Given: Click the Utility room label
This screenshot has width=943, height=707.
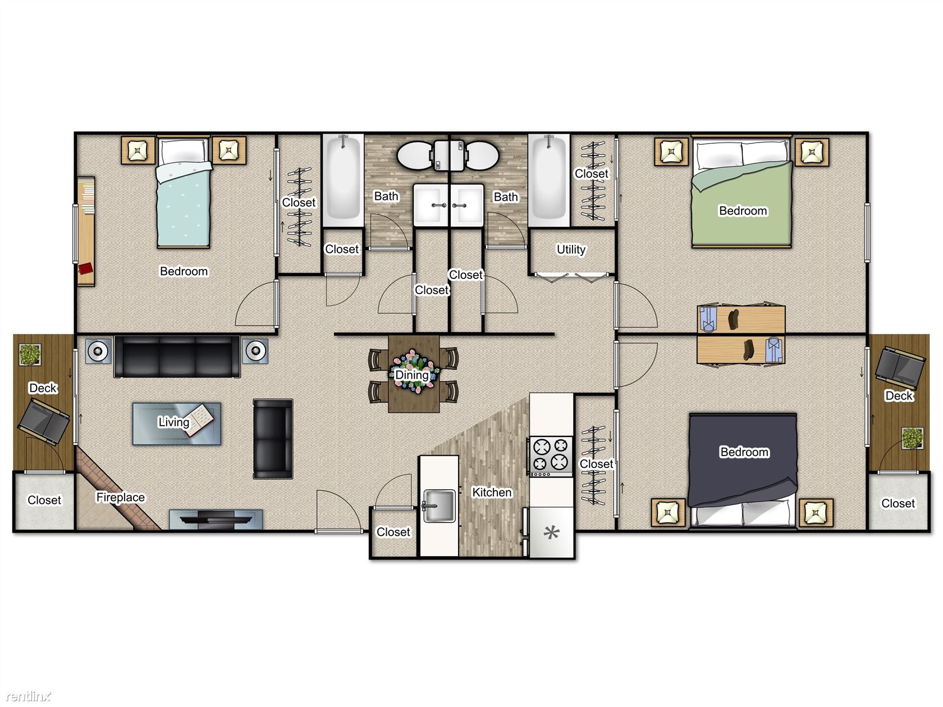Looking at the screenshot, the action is click(571, 249).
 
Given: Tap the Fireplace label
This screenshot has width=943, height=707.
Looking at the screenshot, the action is click(120, 497).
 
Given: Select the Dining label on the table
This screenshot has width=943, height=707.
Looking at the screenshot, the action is click(411, 375).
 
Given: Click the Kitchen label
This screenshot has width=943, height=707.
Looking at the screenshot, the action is click(492, 492).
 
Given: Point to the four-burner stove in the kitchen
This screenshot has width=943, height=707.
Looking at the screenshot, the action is click(551, 456).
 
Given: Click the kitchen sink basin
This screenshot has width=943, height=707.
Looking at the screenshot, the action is click(439, 506).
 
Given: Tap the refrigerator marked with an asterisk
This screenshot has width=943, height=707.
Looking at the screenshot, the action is click(552, 532).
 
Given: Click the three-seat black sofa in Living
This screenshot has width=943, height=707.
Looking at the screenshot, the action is click(177, 356).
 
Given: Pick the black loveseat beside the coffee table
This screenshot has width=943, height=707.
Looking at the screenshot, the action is click(273, 439).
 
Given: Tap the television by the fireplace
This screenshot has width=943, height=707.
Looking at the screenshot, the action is click(216, 519).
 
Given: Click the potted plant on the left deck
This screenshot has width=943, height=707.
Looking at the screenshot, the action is click(30, 355).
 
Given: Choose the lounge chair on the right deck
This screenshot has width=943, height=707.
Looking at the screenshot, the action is click(899, 368).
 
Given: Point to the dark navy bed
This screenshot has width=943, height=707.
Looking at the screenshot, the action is click(743, 470).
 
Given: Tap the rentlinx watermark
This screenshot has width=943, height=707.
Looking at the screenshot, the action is click(29, 695).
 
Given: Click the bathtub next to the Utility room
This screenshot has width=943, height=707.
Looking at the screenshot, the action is click(548, 180).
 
